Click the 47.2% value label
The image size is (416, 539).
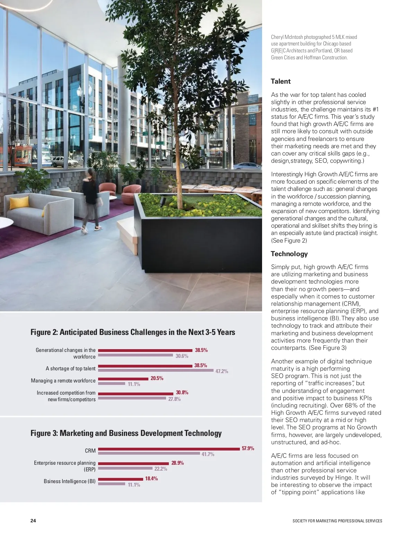222,371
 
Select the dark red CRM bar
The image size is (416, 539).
169,449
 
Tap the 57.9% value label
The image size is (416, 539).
248,448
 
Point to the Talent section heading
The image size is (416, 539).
281,82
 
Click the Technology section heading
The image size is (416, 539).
289,254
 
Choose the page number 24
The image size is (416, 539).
33,521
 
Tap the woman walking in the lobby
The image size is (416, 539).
91,198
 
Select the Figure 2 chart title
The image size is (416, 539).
133,332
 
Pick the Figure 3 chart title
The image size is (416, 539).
126,433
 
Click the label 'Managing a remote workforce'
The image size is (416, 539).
63,381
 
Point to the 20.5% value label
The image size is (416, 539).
157,378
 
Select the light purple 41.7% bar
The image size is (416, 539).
149,454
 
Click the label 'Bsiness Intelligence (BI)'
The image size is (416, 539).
69,481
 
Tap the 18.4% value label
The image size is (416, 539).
151,479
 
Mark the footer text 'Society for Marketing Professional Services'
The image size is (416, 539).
337,521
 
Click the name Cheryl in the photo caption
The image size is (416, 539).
277,37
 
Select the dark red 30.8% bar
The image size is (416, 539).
136,394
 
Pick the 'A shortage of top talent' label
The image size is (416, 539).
70,369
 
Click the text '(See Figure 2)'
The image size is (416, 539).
289,241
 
